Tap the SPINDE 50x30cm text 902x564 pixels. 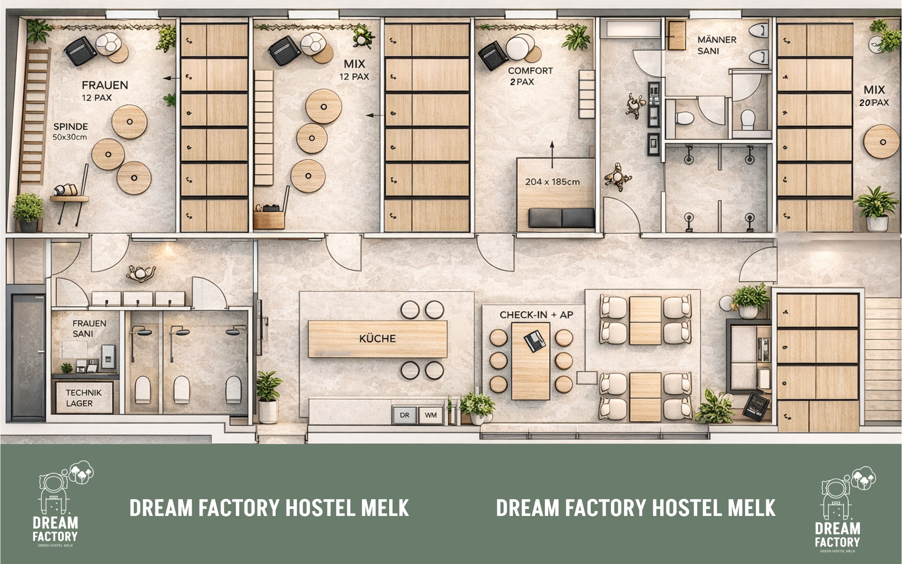pos(70,131)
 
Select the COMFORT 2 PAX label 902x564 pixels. pos(530,76)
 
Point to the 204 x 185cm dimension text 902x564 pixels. pos(552,182)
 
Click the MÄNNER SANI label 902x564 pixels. pos(717,45)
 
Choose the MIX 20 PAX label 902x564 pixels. pos(874,96)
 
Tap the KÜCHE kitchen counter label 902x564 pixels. pos(377,338)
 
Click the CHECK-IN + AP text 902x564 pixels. pos(536,315)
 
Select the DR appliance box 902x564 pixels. pos(404,415)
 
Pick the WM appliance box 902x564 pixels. pos(431,415)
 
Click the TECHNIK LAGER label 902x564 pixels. pos(83,398)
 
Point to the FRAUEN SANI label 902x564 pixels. pos(89,328)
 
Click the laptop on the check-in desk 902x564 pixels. pos(535,341)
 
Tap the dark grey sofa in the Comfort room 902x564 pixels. pos(561,218)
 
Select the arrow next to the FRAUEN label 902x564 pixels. pos(169,78)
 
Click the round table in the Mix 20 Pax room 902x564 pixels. pos(881,142)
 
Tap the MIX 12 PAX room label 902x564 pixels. pos(354,70)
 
